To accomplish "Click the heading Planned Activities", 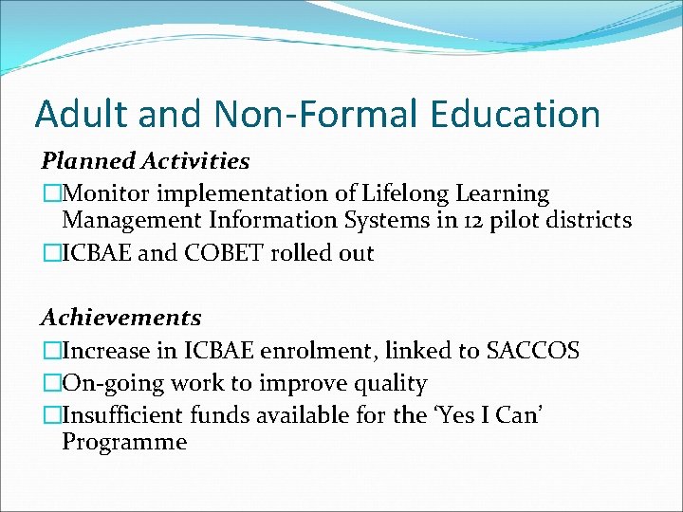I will (x=144, y=161).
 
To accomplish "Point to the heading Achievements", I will (x=120, y=317).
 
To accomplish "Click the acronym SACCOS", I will (x=532, y=352).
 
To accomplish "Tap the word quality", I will (x=388, y=384).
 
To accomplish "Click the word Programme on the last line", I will (x=124, y=442).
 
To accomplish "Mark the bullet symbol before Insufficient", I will (x=50, y=415).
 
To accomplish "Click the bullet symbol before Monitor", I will (x=50, y=194).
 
